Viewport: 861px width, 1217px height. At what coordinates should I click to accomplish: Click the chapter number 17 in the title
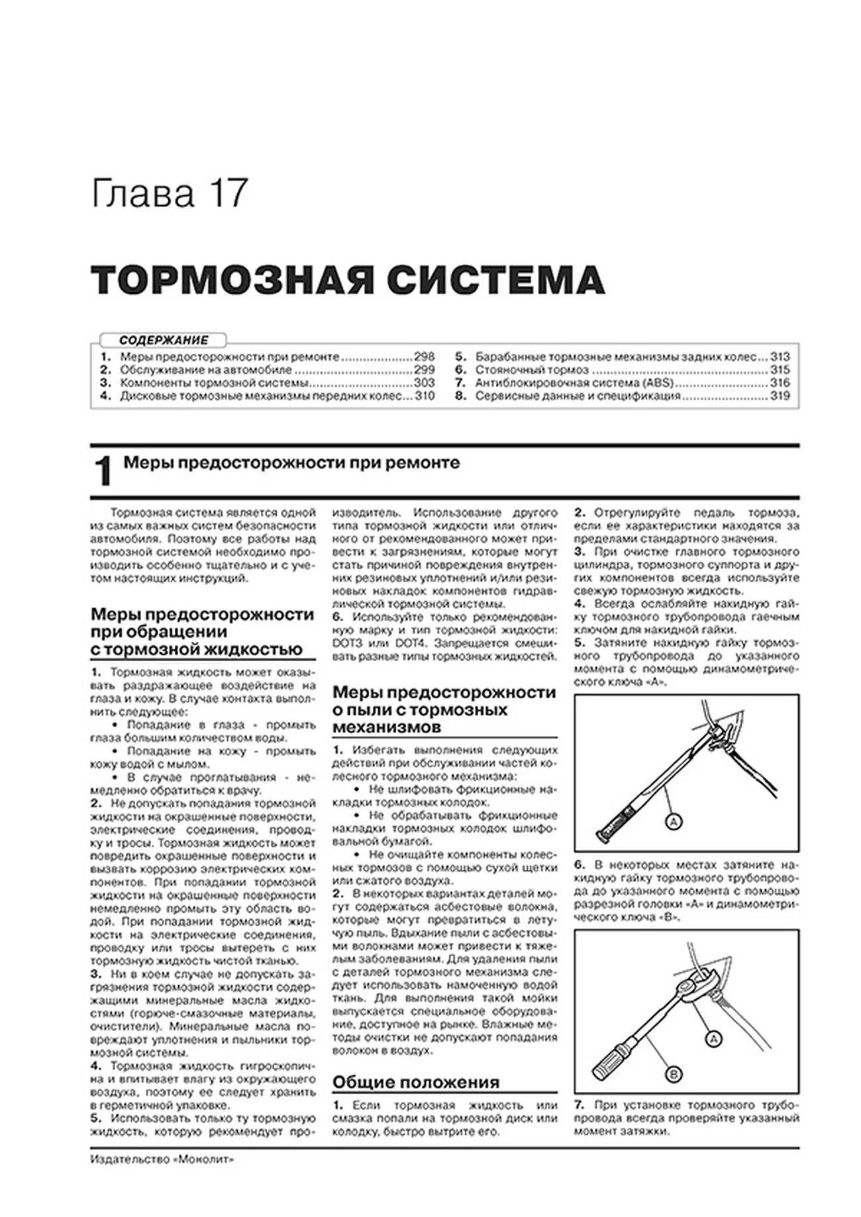(229, 193)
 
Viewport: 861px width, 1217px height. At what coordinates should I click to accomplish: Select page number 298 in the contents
(424, 357)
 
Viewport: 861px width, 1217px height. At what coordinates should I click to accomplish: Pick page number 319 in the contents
(780, 396)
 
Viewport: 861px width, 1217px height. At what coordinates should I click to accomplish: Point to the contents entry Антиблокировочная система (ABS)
(574, 383)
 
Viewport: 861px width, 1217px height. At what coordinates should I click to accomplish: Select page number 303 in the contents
(424, 383)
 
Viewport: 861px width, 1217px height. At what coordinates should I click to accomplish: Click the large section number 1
(103, 472)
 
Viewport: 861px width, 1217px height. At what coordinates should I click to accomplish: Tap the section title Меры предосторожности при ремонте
(291, 463)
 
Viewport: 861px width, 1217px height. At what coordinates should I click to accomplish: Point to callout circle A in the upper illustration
(673, 822)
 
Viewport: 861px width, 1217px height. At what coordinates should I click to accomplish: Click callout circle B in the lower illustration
(673, 1075)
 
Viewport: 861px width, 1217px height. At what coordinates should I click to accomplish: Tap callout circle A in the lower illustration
(713, 1040)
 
